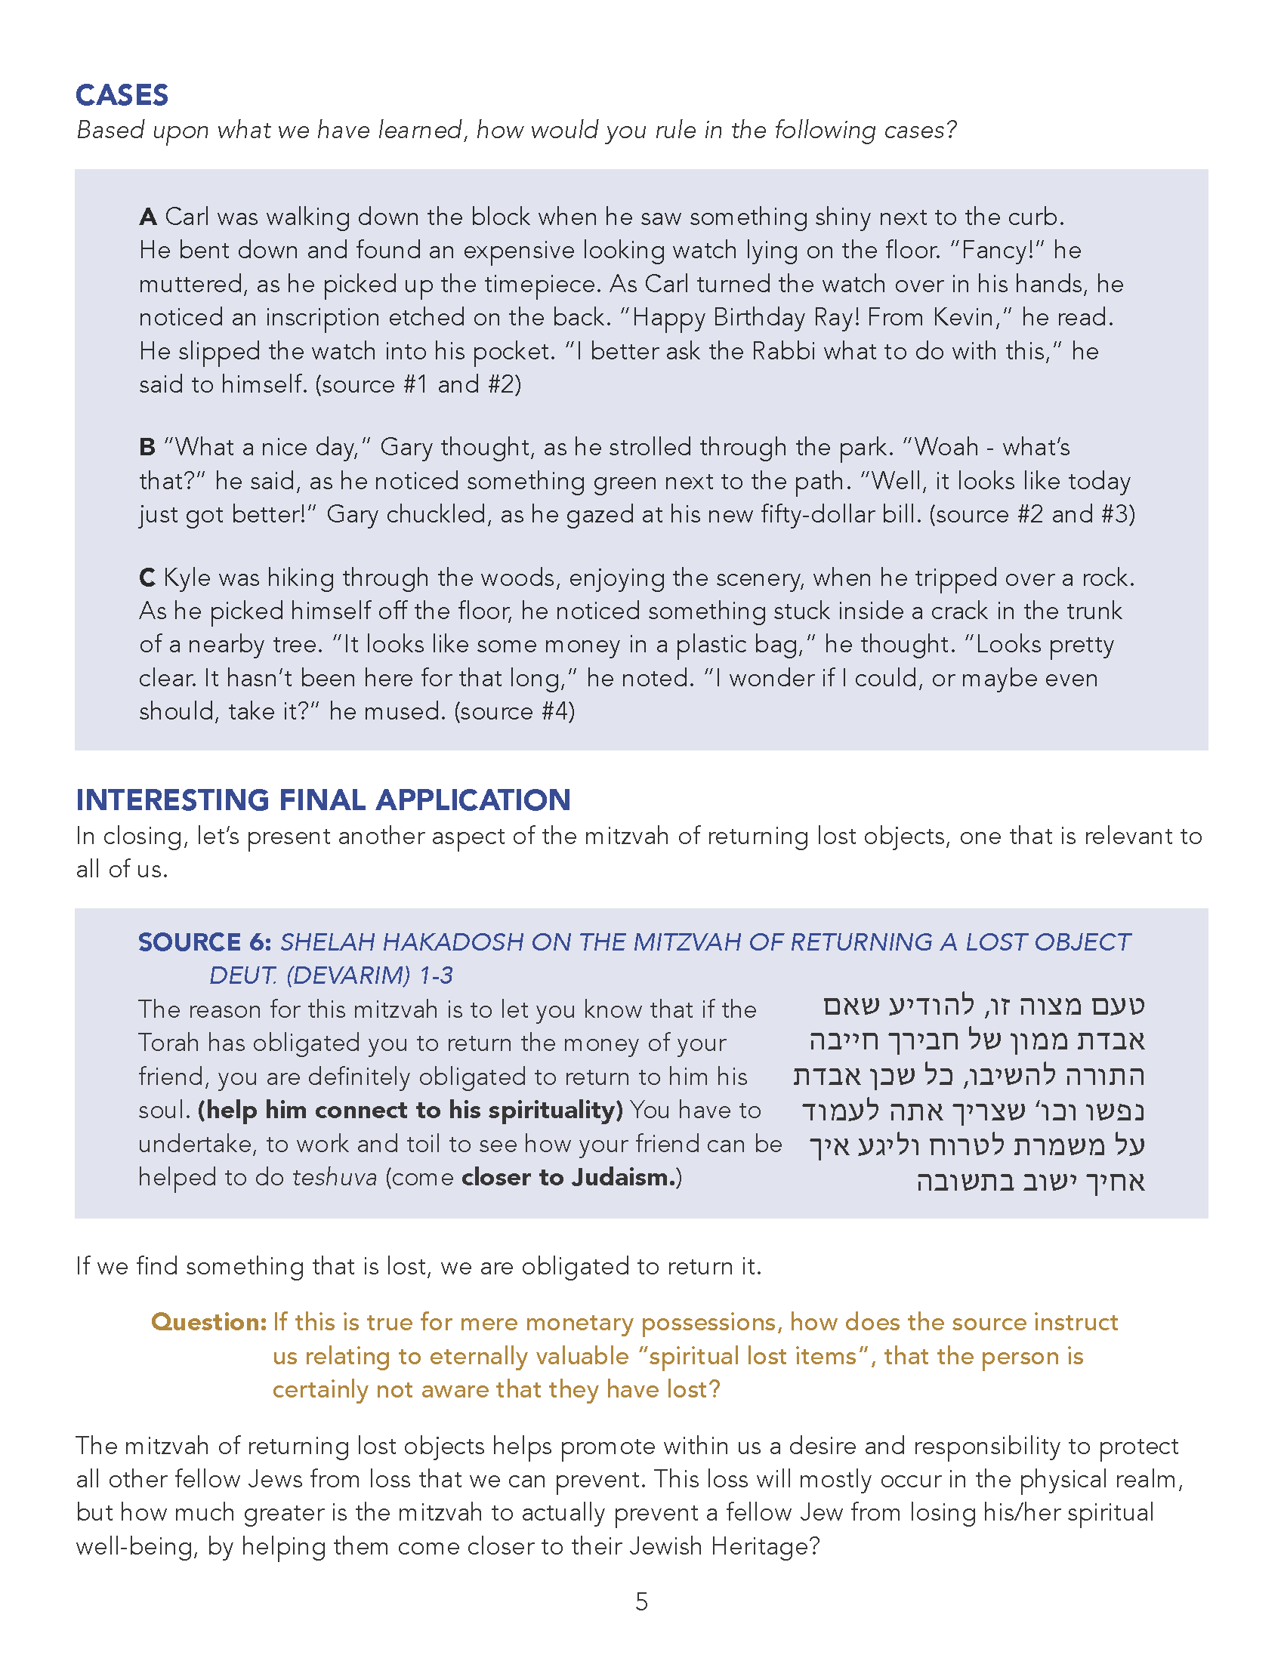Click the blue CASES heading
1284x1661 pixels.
[122, 95]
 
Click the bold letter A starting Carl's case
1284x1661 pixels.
[147, 217]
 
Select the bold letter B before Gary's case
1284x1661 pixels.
[147, 447]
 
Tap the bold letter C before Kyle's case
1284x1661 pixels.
[147, 578]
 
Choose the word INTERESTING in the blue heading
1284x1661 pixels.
[173, 800]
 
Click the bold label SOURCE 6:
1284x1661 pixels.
[205, 942]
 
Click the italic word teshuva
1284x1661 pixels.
[335, 1177]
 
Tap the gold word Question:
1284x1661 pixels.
[208, 1322]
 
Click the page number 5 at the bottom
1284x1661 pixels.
[641, 1601]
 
